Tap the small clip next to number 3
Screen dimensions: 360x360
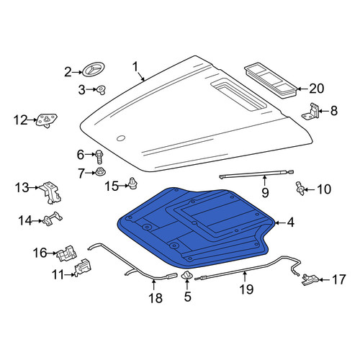click(x=102, y=90)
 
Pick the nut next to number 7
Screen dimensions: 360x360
click(x=100, y=172)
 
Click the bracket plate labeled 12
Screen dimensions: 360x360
click(x=46, y=120)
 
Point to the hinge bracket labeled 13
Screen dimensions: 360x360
click(x=51, y=193)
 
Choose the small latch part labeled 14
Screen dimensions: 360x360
click(x=53, y=218)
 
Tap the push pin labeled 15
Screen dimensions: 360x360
click(x=133, y=183)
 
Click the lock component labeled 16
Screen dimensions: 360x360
click(x=67, y=253)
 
